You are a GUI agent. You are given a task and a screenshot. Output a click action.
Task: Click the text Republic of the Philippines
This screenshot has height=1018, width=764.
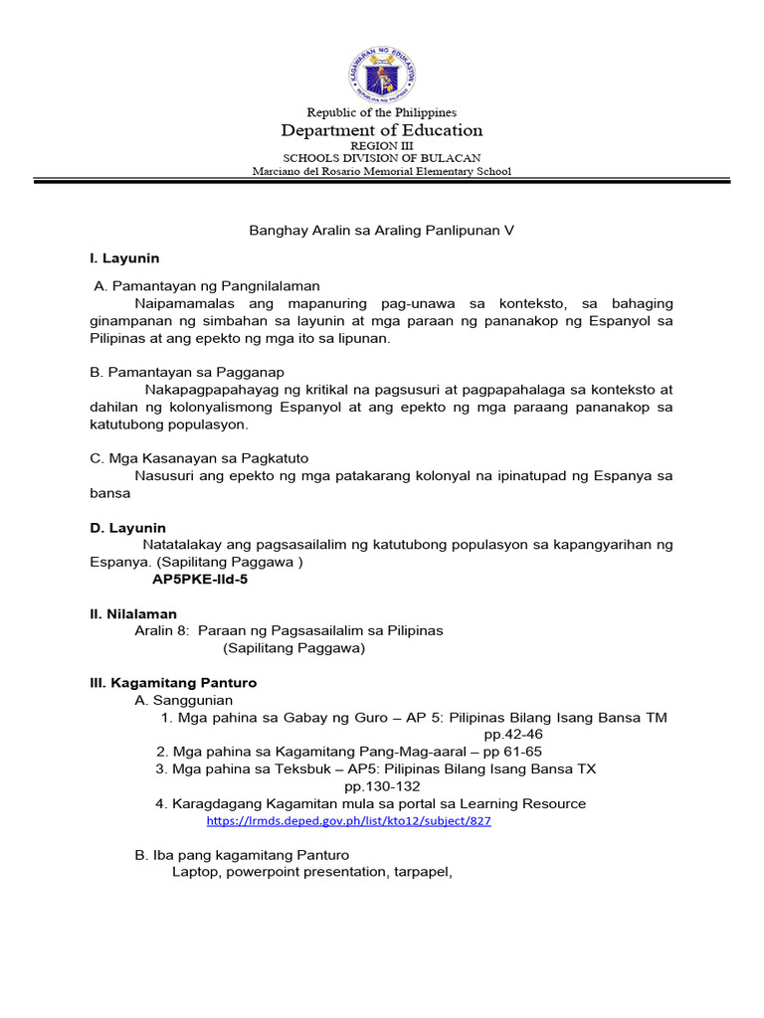coord(382,112)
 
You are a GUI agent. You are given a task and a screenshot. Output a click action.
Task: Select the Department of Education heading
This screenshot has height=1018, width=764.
coord(382,130)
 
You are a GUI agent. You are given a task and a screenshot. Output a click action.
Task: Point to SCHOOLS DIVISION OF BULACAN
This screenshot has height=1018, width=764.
coord(382,158)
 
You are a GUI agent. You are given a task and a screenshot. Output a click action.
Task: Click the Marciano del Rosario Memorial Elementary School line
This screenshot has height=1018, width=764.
coord(382,171)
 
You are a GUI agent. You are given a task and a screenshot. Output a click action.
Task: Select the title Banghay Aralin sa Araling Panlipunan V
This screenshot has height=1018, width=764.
coord(381,230)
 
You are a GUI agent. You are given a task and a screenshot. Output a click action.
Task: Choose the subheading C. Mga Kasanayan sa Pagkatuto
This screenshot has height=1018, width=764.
coord(199,458)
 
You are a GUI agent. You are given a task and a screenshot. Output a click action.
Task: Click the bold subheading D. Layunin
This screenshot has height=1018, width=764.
coord(127,528)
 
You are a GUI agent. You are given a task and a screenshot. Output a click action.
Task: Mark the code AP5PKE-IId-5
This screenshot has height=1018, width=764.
coord(199,580)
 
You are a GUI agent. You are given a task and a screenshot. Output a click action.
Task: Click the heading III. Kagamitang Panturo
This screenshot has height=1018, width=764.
coord(173,683)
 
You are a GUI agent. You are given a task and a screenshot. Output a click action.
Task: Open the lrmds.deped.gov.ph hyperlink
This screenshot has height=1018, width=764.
coord(349,822)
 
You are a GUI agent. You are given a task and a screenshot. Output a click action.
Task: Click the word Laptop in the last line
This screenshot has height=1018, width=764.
coord(194,873)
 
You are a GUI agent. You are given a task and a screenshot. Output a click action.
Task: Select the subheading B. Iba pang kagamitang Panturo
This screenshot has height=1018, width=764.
coord(242,855)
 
